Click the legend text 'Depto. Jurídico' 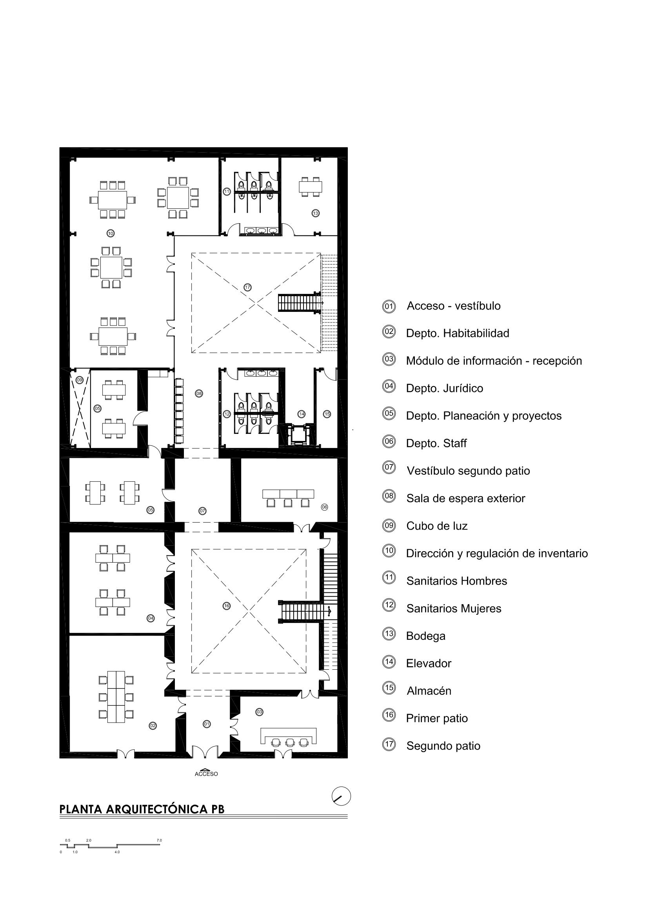(444, 388)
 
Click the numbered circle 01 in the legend (389, 306)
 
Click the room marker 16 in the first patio (227, 606)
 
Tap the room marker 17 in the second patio (247, 287)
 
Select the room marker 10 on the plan (111, 233)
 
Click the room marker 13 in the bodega (315, 213)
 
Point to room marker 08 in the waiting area (199, 394)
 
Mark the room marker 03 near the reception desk (259, 712)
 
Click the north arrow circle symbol (341, 796)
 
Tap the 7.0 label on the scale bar (159, 840)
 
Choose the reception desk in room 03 (289, 733)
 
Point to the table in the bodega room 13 (310, 186)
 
